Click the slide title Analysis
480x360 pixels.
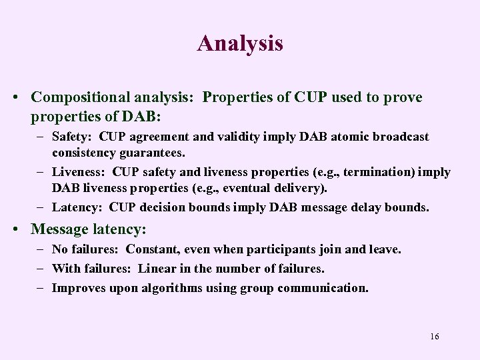240,43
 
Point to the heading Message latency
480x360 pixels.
88,229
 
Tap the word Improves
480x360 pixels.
79,288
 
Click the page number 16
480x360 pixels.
435,336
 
